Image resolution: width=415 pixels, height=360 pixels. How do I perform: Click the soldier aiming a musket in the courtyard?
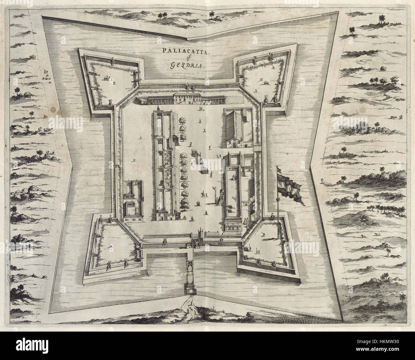click(210, 147)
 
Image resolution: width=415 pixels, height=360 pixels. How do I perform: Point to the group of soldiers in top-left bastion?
click(106, 78)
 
